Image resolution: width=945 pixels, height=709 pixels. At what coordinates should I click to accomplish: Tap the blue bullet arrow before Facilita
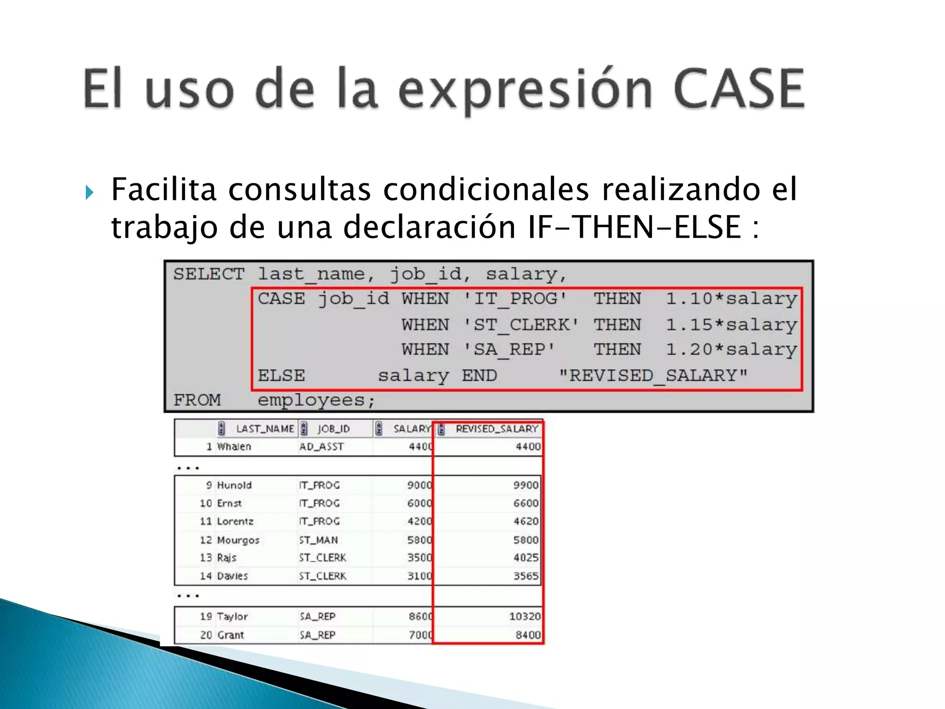pos(90,192)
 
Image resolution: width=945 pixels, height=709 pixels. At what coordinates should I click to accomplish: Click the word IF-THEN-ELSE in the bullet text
pos(634,227)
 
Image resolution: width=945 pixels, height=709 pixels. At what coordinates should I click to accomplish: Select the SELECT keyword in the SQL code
pos(209,274)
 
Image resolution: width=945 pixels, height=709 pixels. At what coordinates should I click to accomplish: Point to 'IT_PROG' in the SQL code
pos(515,299)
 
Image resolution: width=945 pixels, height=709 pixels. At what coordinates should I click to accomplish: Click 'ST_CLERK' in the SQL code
pos(521,325)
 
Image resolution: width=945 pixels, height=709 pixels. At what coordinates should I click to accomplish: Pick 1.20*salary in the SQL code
pos(731,350)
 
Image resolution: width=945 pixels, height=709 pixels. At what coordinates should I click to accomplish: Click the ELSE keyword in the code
pos(281,376)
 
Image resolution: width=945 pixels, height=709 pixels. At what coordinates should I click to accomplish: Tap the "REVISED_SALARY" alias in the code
pos(653,376)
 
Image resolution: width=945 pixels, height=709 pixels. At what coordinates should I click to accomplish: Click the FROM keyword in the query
pos(197,400)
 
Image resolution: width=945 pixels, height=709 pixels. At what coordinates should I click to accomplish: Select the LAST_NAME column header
pos(264,429)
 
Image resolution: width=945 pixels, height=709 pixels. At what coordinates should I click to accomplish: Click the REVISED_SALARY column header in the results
pos(496,429)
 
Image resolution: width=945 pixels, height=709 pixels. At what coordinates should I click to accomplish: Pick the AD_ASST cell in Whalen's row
pos(321,447)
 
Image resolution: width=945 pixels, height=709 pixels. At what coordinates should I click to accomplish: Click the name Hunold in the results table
pos(234,486)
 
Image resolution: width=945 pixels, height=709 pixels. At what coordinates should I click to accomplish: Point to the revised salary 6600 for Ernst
pos(526,504)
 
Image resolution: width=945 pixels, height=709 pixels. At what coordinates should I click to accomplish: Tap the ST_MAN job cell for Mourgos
pos(318,540)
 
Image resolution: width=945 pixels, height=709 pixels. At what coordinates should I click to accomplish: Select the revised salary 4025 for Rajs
pos(526,558)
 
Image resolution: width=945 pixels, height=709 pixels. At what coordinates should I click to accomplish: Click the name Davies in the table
pos(233,576)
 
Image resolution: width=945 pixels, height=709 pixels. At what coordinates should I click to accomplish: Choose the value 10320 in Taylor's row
pos(525,617)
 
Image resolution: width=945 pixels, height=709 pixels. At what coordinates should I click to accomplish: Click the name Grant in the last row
pos(231,635)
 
